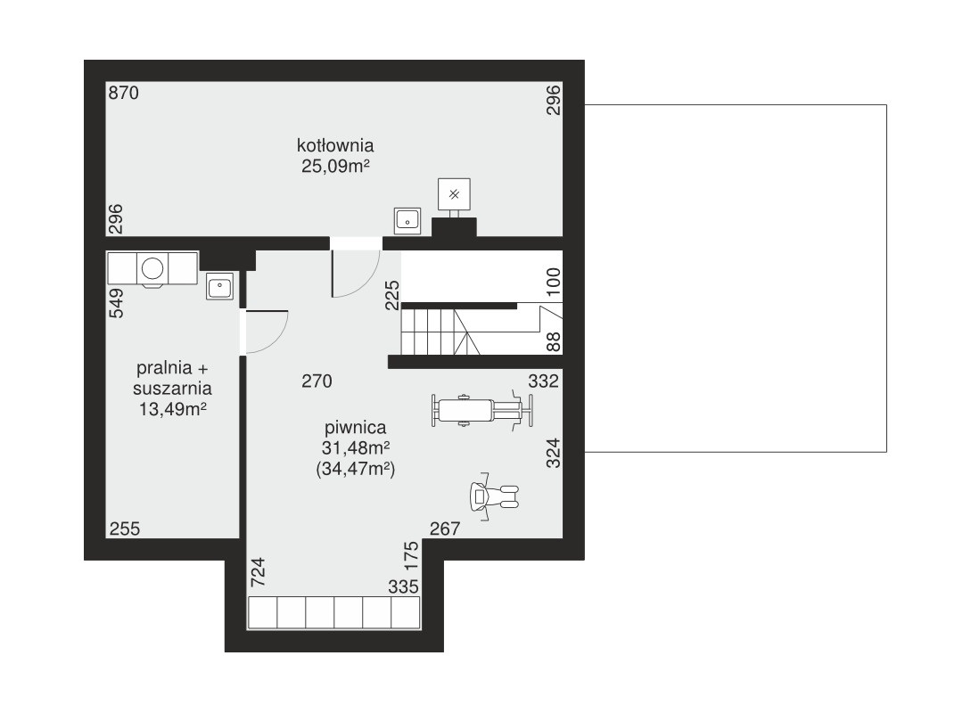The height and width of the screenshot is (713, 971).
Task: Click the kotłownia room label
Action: [x=335, y=145]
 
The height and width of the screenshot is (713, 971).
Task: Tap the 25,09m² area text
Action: [x=335, y=166]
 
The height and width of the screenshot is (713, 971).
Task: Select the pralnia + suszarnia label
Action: [x=172, y=378]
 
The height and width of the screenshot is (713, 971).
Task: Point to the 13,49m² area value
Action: [x=172, y=409]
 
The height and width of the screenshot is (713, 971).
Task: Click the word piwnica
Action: [x=356, y=428]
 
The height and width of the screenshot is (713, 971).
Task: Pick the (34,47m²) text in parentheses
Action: [x=356, y=469]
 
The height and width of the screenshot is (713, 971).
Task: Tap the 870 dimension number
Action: [x=124, y=93]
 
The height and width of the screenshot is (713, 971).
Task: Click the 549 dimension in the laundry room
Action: [x=116, y=303]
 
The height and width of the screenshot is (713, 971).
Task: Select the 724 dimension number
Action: [x=258, y=572]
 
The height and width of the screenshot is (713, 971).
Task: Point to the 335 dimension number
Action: [x=404, y=586]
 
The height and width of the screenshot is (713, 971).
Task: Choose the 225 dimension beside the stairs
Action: [x=392, y=295]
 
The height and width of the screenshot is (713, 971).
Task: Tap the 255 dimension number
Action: [x=125, y=529]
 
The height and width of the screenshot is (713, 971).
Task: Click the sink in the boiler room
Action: [x=407, y=221]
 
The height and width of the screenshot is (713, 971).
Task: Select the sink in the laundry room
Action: [x=220, y=287]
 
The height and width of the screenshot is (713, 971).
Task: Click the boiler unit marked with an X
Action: [x=454, y=194]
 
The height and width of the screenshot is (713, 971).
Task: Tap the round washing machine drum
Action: [x=152, y=268]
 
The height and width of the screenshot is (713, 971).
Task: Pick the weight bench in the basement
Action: [x=481, y=410]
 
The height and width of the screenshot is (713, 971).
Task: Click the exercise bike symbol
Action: [x=494, y=496]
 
